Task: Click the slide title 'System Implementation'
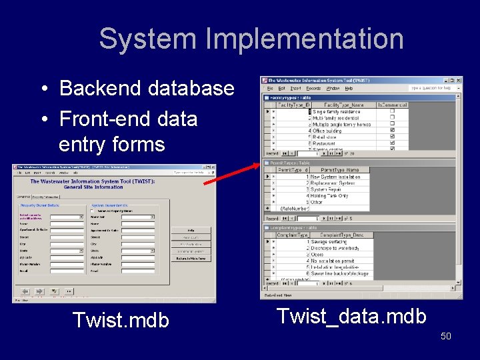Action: [251, 39]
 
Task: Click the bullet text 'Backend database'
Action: [147, 88]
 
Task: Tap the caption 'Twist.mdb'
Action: [121, 320]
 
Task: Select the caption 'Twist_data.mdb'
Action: [351, 315]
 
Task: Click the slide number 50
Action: [445, 336]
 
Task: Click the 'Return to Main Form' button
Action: [191, 258]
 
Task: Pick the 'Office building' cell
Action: [329, 131]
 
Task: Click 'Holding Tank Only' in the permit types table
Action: [329, 196]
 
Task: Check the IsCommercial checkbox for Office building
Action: [392, 131]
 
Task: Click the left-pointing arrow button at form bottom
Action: [25, 291]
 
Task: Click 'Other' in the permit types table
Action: [317, 202]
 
